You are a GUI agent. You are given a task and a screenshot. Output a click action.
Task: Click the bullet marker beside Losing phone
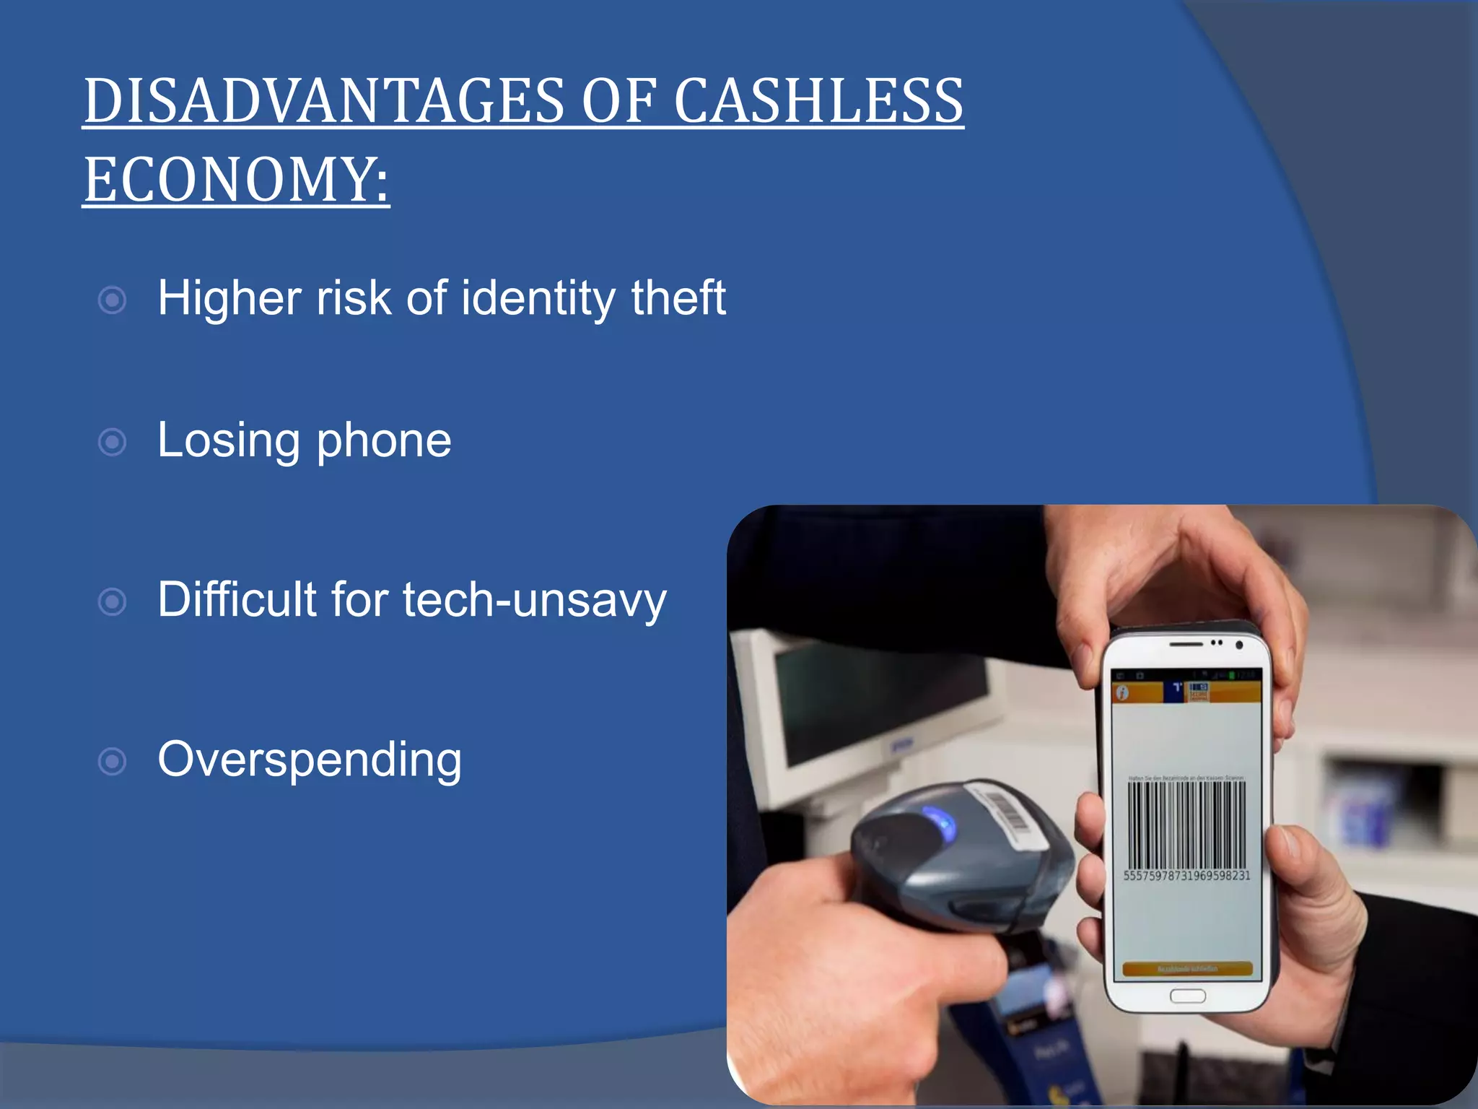(112, 442)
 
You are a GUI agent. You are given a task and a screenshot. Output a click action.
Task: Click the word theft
(678, 298)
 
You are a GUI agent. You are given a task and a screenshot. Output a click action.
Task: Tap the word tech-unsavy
(534, 600)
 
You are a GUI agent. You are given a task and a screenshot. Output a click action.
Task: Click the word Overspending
(310, 760)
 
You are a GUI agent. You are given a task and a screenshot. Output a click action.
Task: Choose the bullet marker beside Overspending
(112, 761)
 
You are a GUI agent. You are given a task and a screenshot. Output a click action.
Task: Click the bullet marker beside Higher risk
(112, 300)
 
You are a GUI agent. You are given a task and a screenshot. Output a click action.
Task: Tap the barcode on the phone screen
(1186, 825)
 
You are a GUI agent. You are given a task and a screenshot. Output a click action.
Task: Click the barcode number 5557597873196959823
(1186, 876)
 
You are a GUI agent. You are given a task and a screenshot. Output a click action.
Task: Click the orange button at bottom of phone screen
(1187, 969)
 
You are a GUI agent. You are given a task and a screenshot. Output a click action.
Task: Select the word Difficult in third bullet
(237, 600)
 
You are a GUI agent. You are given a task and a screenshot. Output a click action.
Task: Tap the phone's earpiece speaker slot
(1186, 643)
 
